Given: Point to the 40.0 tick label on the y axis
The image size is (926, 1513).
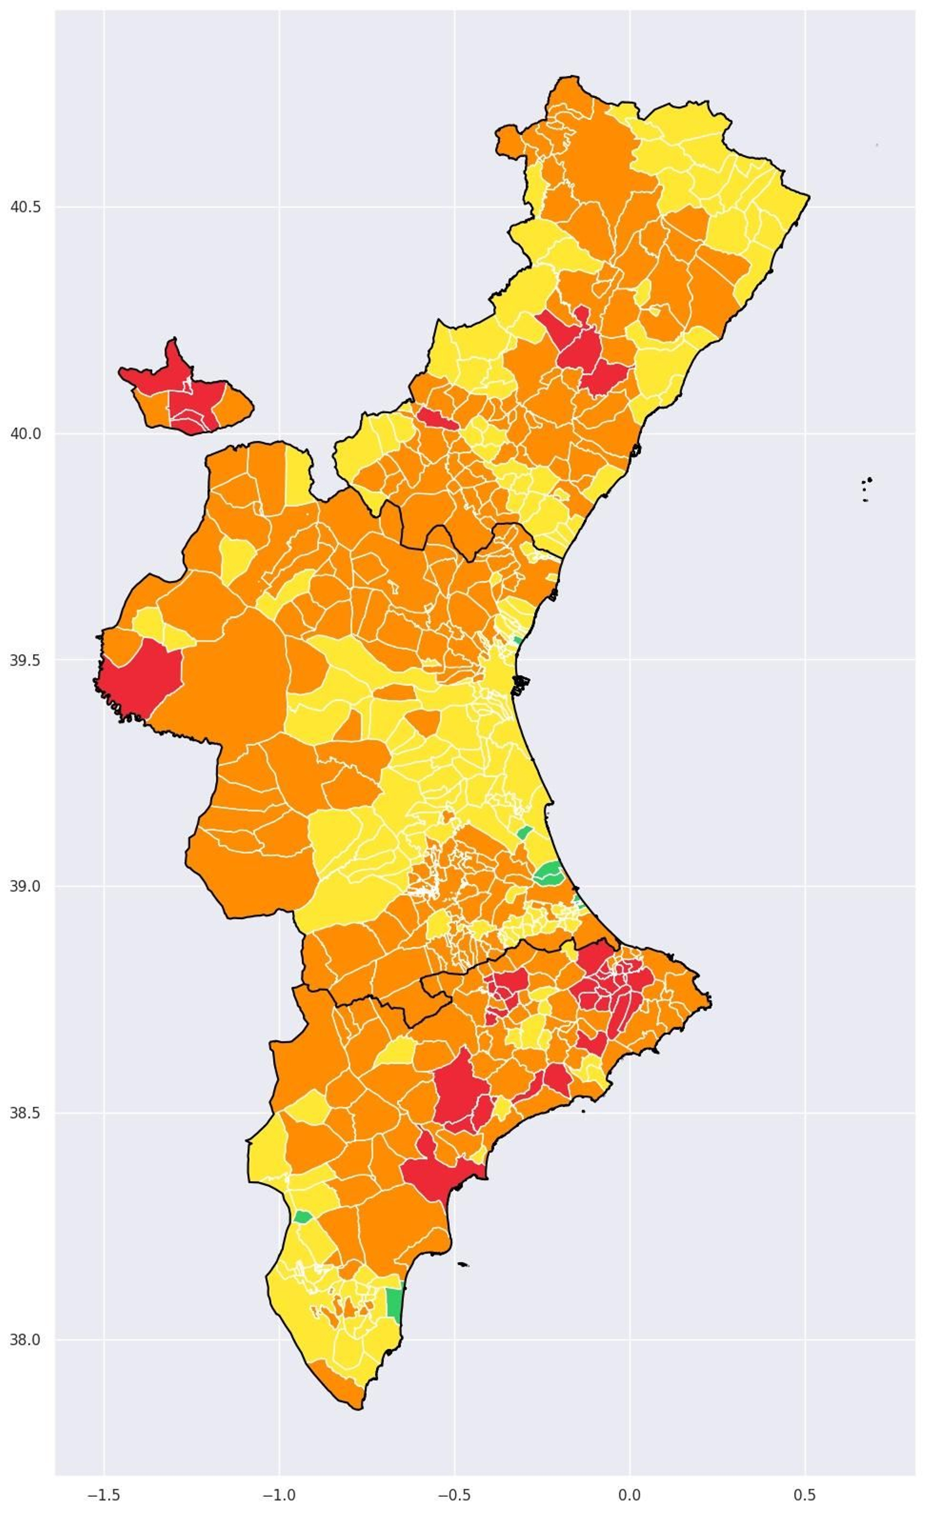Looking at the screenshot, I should (25, 434).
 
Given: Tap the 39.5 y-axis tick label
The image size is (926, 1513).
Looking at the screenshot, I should (25, 660).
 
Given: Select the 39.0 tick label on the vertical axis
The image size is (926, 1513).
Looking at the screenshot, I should (25, 886).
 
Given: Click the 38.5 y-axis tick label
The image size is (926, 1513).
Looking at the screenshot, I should (25, 1112).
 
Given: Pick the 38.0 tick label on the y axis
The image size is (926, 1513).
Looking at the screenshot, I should (25, 1339).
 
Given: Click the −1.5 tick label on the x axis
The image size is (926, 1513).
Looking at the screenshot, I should (104, 1494).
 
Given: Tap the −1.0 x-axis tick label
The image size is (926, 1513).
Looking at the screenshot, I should (280, 1494).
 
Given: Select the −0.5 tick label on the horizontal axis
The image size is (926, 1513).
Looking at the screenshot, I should (454, 1494).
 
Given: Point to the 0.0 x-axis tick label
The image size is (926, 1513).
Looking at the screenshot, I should (630, 1494).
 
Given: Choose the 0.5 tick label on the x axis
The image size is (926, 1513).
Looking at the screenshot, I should (805, 1494).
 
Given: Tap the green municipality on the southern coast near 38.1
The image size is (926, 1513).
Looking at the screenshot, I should (394, 1302).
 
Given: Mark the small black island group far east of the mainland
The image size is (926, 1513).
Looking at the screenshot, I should (866, 488).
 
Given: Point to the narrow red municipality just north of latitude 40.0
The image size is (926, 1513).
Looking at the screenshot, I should (436, 419).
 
